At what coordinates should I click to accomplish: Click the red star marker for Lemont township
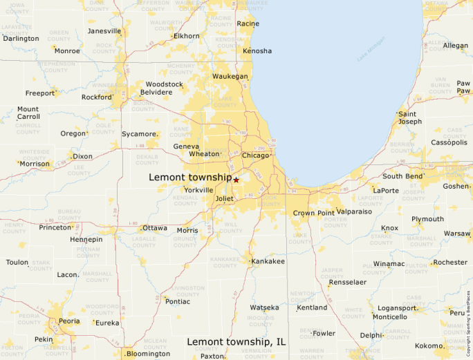tap(236, 180)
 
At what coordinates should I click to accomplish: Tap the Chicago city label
tap(255, 155)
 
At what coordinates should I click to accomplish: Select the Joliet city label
tap(225, 198)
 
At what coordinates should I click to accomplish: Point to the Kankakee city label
tap(268, 261)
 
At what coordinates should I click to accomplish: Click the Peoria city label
tap(68, 322)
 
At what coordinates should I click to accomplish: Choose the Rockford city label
tap(96, 97)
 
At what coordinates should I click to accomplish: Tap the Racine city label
tap(248, 23)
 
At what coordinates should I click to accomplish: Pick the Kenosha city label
tap(257, 51)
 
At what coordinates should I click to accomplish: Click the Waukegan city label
tap(230, 76)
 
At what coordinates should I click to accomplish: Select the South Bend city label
tap(403, 176)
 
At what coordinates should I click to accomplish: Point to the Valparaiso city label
tap(354, 211)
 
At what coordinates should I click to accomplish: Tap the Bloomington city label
tap(148, 354)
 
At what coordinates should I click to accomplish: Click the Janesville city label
tap(104, 31)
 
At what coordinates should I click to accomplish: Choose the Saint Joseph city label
tap(409, 117)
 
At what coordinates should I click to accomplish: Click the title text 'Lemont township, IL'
tap(236, 342)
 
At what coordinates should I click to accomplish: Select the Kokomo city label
tap(429, 345)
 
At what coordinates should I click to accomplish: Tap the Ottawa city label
tap(154, 228)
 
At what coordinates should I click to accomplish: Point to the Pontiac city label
tap(177, 301)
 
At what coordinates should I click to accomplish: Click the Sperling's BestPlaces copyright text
tap(469, 319)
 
